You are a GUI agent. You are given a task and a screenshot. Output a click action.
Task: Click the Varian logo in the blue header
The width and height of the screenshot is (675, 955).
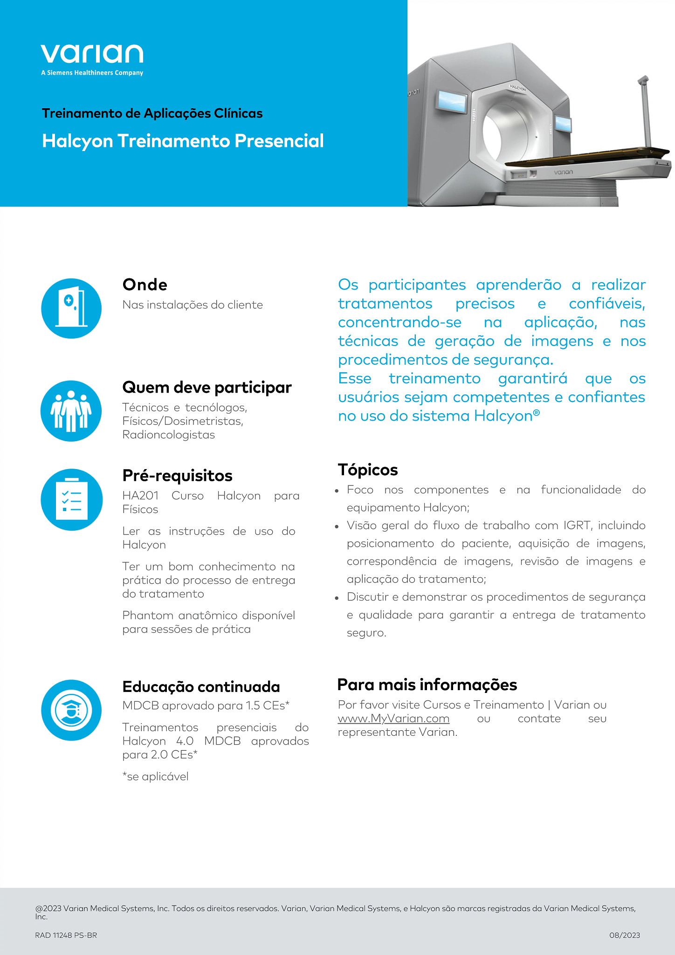click(x=92, y=54)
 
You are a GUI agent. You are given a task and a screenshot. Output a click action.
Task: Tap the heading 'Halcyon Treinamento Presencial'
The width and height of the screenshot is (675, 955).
click(x=183, y=141)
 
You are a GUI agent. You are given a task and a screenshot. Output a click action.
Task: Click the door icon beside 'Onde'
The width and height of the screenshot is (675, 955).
click(x=71, y=308)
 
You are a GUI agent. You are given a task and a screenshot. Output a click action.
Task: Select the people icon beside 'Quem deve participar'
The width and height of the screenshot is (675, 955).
click(x=71, y=411)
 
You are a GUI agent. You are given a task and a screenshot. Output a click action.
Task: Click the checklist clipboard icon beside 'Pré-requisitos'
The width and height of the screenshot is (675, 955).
click(x=71, y=499)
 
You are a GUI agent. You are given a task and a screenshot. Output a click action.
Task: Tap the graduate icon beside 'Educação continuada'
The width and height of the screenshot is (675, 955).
click(x=71, y=710)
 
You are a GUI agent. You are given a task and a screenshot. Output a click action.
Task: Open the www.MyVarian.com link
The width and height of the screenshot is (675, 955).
click(x=393, y=719)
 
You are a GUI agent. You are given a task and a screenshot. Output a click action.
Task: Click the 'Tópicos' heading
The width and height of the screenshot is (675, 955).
click(x=368, y=470)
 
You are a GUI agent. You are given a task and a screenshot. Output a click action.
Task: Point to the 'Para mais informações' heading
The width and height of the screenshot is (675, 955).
click(x=427, y=685)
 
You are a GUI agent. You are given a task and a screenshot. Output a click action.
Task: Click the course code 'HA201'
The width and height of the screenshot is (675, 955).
click(x=140, y=496)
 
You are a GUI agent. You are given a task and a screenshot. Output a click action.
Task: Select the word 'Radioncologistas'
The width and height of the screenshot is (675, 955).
click(x=168, y=435)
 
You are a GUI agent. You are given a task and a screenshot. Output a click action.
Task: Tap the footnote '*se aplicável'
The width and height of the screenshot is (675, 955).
click(x=155, y=776)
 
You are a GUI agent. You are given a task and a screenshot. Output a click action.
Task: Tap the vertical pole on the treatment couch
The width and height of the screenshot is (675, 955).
click(x=647, y=112)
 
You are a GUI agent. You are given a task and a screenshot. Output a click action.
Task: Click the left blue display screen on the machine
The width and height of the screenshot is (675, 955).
click(x=452, y=101)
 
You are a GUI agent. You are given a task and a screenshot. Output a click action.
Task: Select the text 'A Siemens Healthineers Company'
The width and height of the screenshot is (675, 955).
click(x=92, y=73)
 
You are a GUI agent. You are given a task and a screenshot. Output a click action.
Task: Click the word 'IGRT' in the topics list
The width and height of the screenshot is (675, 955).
click(x=577, y=526)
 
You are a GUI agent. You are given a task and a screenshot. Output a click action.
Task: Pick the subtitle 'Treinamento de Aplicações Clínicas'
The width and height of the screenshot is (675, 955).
click(x=152, y=113)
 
